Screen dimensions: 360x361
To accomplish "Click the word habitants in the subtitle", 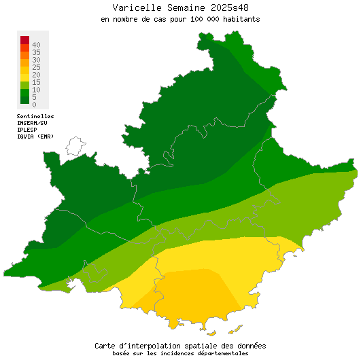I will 239,19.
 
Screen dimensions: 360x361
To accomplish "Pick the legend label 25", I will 36,67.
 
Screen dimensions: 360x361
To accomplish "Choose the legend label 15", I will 36,82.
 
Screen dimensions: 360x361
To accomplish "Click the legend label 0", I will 34,105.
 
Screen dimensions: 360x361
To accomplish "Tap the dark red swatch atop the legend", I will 24,39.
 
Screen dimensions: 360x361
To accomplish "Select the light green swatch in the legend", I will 24,84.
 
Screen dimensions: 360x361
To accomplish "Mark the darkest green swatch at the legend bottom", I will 24,99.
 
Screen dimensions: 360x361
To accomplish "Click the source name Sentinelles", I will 35,117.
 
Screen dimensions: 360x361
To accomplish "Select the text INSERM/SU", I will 32,123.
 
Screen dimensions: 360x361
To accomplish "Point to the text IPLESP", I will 28,130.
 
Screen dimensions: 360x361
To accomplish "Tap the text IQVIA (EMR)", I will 35,137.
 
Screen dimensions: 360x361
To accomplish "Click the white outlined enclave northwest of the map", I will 75,145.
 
